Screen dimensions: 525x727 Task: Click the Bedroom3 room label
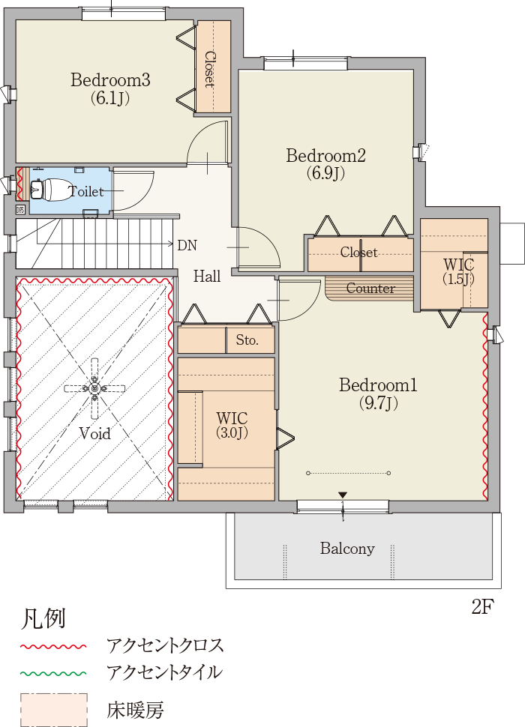pos(110,88)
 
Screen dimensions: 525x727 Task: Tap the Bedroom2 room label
pos(325,163)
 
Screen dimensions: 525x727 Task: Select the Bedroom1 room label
pos(378,393)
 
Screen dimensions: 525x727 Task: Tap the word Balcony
pos(347,549)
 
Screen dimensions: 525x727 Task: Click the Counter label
pos(370,289)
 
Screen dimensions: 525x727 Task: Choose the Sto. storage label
pos(247,340)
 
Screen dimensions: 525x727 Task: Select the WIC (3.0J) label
pos(232,425)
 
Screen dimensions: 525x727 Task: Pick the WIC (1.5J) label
pos(458,271)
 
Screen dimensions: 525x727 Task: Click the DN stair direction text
pos(187,245)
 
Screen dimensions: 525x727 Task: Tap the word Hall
pos(207,277)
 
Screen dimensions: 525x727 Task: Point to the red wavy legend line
pos(53,646)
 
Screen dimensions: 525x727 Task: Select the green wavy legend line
pos(53,672)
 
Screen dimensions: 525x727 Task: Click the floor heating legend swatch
pos(54,710)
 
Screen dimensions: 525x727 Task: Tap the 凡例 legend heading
pos(43,618)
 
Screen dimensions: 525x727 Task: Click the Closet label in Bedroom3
pos(210,69)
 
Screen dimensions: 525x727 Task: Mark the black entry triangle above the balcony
pos(343,495)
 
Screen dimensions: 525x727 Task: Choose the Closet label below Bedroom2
pos(358,253)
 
